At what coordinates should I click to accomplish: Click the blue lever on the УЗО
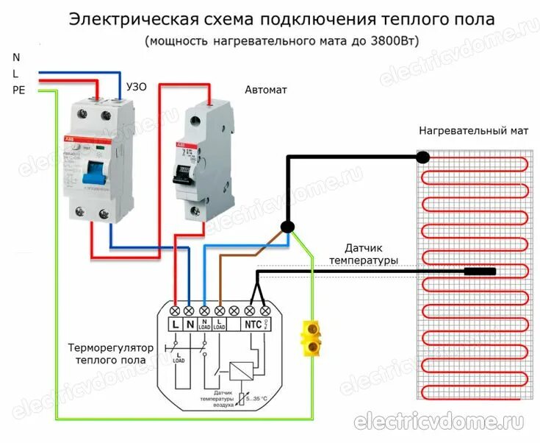[93, 174]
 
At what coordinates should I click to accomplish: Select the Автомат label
[265, 90]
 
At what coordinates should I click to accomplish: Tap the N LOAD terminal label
[205, 325]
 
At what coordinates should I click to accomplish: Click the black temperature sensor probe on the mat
[479, 272]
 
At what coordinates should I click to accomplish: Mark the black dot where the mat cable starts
[423, 157]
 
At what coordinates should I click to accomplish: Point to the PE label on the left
[18, 90]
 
